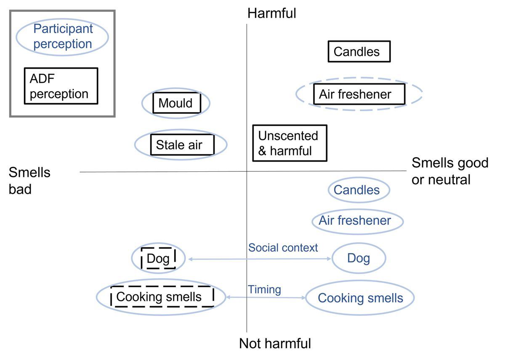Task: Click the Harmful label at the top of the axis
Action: [271, 13]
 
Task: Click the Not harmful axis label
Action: [275, 344]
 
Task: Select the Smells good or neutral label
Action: [449, 171]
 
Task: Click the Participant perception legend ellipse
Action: [62, 37]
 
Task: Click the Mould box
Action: [176, 103]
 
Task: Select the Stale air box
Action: [182, 145]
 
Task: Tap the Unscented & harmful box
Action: [290, 143]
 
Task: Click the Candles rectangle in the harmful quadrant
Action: [359, 51]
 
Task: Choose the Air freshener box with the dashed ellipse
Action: [359, 94]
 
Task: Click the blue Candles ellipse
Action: [359, 190]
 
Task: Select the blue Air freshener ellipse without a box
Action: [357, 221]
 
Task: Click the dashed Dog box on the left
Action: [158, 258]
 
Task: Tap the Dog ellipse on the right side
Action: [359, 258]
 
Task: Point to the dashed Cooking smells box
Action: [162, 297]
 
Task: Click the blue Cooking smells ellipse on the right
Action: [360, 298]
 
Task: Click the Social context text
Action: [283, 248]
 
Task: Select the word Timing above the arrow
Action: [264, 289]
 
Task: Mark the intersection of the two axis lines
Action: [247, 171]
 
